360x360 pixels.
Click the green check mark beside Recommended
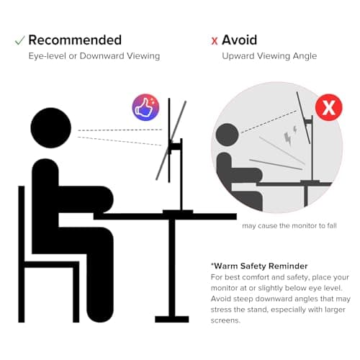point(19,40)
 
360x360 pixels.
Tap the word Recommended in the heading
point(75,40)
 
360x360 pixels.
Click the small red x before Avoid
point(215,41)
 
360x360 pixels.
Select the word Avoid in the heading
point(239,40)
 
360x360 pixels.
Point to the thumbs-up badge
point(145,107)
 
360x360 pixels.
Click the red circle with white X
point(329,107)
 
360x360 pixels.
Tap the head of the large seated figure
point(51,127)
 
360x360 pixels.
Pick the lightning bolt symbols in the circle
point(290,135)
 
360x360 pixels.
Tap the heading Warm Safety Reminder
point(259,266)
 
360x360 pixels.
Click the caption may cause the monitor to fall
point(289,226)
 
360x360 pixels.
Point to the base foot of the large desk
point(172,319)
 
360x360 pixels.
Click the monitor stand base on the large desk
point(178,212)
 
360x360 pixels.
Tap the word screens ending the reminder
point(225,320)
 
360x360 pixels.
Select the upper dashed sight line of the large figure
point(120,130)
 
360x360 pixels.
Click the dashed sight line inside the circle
point(269,122)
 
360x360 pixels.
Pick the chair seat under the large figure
point(52,264)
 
